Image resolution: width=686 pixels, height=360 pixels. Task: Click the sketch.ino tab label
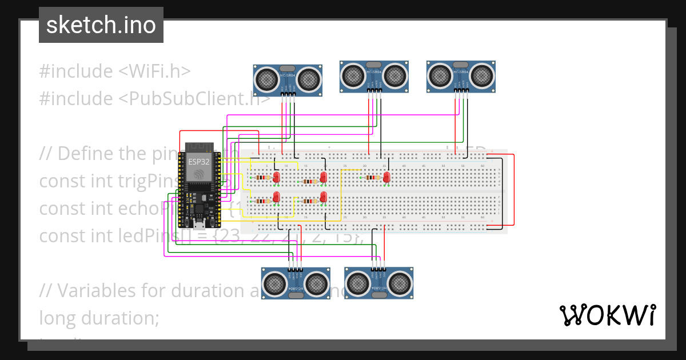point(101,25)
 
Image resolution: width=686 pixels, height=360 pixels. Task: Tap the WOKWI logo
point(607,315)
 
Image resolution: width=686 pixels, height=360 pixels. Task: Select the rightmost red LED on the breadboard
point(387,178)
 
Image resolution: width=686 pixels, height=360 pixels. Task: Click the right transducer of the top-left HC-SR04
point(307,78)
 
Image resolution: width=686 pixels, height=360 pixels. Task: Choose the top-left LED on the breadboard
point(277,177)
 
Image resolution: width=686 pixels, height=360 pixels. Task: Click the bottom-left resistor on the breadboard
point(262,201)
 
